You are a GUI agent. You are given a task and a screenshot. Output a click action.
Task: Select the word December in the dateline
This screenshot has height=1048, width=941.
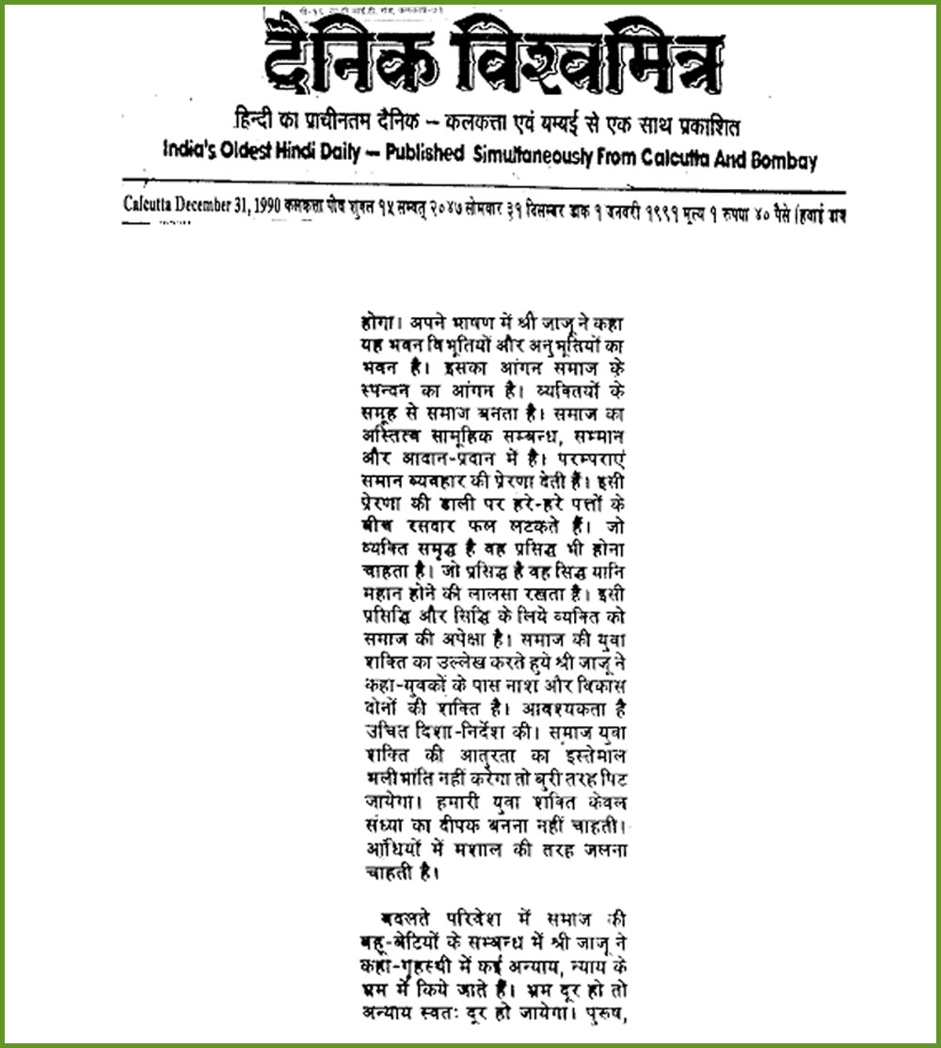tap(199, 204)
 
